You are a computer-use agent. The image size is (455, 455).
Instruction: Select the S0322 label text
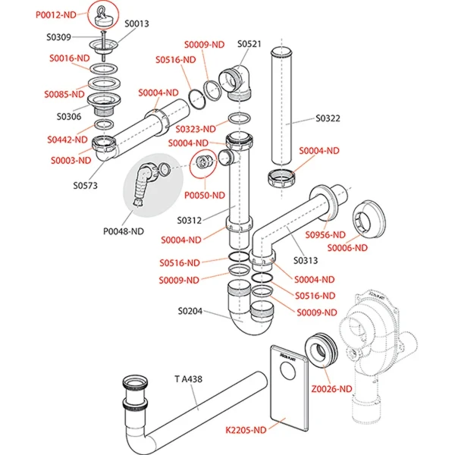328,119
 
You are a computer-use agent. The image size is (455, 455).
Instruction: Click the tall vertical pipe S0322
285,106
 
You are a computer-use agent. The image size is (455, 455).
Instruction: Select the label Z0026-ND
334,389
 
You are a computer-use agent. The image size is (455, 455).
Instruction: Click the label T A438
187,378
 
